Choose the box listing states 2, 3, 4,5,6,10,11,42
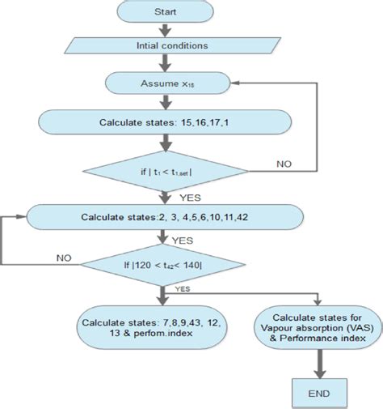click(165, 216)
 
